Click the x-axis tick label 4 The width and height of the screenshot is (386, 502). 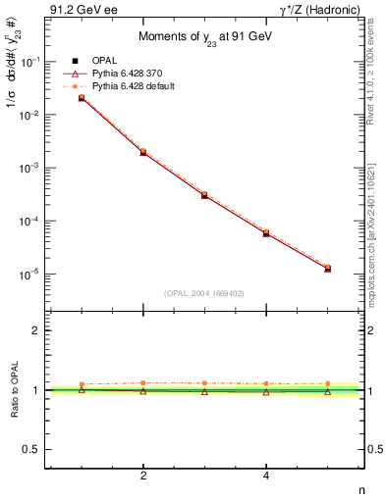pyautogui.click(x=266, y=477)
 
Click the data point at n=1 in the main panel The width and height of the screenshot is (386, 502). pyautogui.click(x=82, y=98)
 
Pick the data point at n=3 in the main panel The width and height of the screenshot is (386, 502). pyautogui.click(x=204, y=195)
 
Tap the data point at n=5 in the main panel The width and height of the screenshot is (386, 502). pyautogui.click(x=327, y=268)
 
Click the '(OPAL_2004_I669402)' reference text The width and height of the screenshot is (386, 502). pyautogui.click(x=204, y=293)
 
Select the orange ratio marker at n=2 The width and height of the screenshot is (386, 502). pyautogui.click(x=143, y=382)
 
